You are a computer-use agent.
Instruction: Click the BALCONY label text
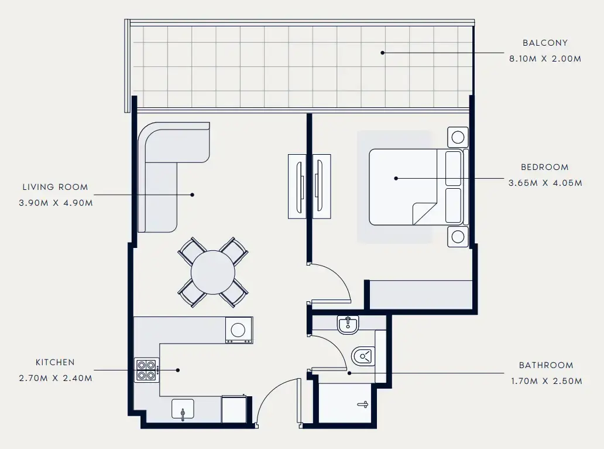(545, 43)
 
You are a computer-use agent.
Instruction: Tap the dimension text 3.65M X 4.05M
(545, 183)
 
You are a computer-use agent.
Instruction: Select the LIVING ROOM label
(55, 187)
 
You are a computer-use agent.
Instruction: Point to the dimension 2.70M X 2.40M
(55, 378)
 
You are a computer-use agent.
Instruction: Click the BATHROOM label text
(546, 365)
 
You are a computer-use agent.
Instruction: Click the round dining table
(213, 273)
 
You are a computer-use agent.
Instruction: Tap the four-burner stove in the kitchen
(147, 370)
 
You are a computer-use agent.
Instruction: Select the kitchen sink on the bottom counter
(183, 409)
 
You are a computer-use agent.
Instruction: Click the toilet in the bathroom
(363, 356)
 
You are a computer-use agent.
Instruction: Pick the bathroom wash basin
(348, 324)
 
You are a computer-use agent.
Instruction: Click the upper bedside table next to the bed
(458, 137)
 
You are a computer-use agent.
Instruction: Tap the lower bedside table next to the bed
(458, 237)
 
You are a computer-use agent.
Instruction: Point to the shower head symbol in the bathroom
(363, 404)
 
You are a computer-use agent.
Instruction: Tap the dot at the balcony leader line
(383, 53)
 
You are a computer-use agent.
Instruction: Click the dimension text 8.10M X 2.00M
(545, 59)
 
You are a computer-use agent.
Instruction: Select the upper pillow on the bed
(454, 168)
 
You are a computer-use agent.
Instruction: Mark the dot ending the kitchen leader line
(178, 370)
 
